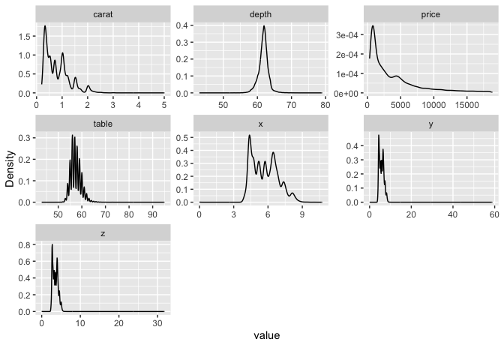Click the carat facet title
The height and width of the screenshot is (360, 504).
(103, 14)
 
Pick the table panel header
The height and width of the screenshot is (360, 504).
(103, 124)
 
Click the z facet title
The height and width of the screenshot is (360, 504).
(103, 233)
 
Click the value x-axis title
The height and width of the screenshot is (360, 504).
(266, 336)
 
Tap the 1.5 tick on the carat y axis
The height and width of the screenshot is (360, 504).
(24, 36)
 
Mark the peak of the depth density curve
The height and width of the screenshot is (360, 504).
(264, 26)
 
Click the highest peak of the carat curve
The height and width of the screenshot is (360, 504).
(45, 26)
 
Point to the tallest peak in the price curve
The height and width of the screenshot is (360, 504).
(373, 26)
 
